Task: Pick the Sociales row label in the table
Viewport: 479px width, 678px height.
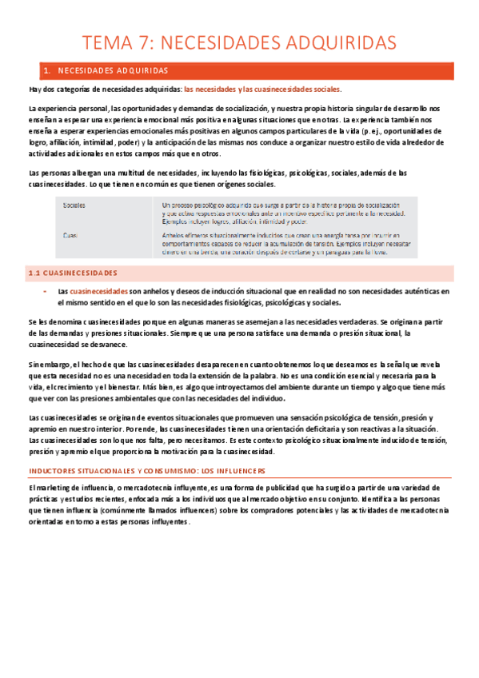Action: pos(74,205)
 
